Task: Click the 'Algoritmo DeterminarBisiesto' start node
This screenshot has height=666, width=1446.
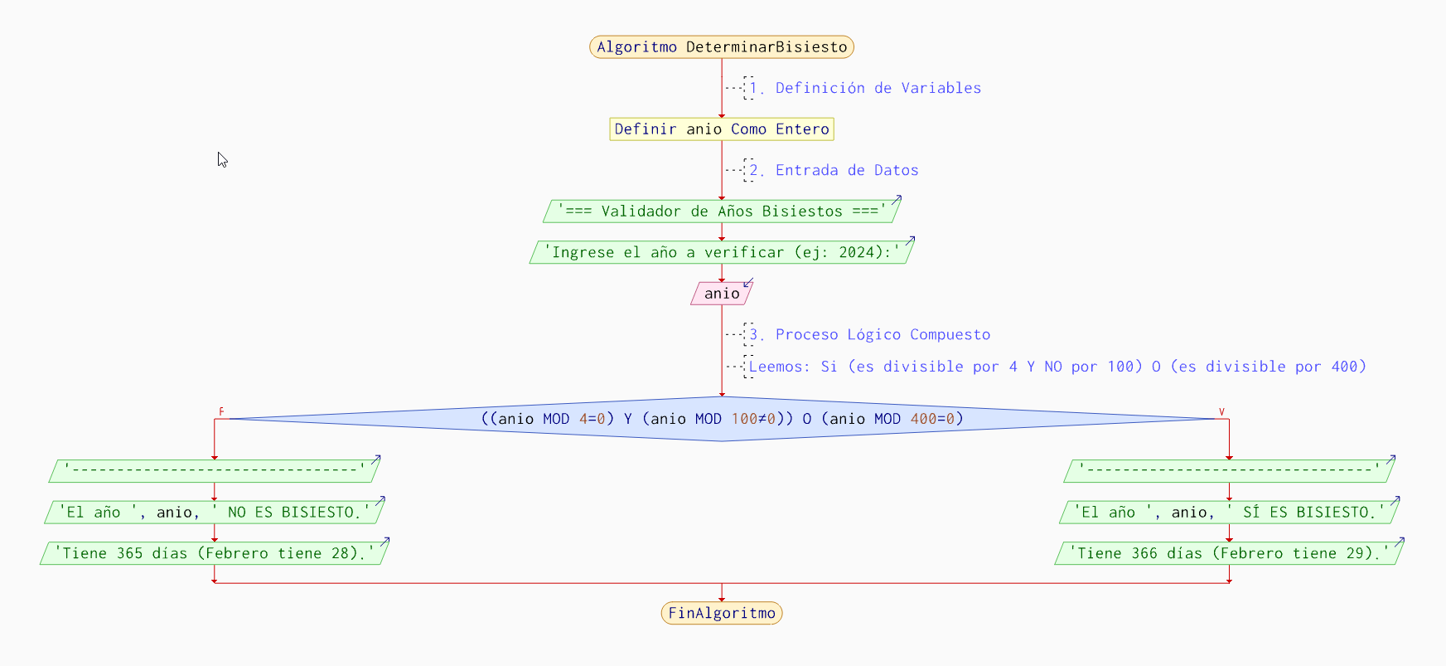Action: point(721,47)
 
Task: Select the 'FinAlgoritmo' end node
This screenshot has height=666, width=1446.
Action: point(721,613)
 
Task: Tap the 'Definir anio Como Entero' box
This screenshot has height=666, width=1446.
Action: point(721,129)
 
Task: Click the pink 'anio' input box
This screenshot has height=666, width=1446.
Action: point(721,294)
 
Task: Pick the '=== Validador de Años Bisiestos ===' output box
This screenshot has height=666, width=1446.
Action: point(721,211)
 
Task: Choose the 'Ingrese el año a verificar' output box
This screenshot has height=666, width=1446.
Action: point(721,252)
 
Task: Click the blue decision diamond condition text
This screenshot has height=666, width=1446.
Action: point(721,419)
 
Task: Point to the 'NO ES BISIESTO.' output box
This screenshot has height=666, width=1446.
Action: point(214,513)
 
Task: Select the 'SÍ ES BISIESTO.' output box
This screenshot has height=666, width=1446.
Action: point(1229,513)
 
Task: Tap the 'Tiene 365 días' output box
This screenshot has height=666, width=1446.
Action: point(214,553)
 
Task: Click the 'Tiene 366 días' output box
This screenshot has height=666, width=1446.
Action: point(1229,553)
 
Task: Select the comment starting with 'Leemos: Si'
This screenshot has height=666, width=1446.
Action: point(1057,367)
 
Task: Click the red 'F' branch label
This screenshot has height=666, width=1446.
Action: point(221,411)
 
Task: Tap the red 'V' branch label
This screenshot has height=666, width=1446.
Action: point(1221,412)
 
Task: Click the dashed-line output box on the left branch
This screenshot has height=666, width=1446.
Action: point(214,471)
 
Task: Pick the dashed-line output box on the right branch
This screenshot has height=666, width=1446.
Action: point(1229,471)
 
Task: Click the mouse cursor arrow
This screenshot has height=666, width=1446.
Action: point(221,158)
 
